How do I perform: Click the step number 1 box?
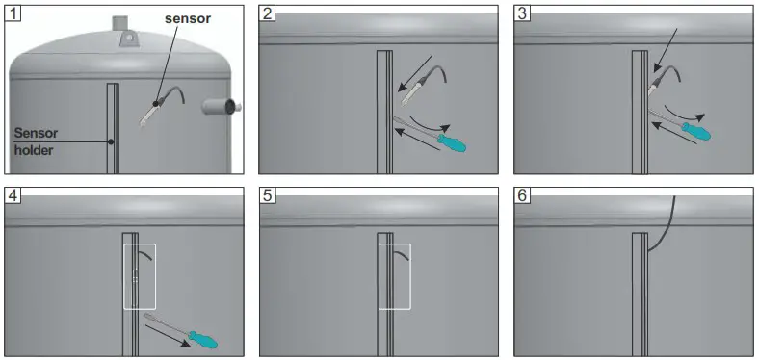(13, 13)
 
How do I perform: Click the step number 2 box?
(269, 13)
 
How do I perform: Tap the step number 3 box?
(523, 13)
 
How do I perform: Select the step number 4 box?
(13, 194)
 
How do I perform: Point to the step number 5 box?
(269, 194)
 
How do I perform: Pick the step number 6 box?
(523, 194)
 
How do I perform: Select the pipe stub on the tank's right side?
(221, 105)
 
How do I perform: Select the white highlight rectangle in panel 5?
(394, 275)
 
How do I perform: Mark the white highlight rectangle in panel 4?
(140, 275)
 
